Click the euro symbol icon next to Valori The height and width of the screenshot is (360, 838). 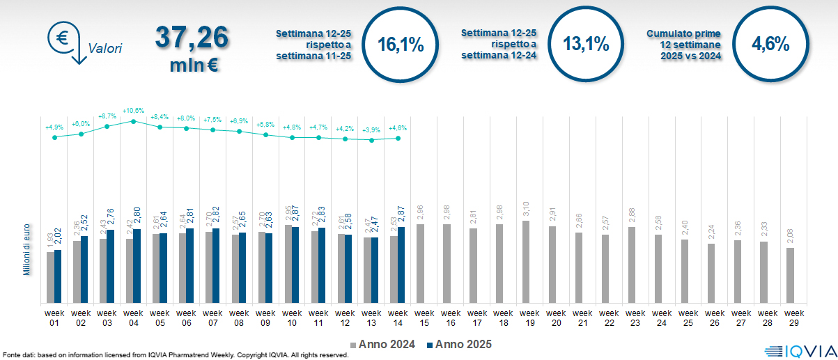(x=63, y=36)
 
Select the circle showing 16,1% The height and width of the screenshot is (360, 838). (x=401, y=45)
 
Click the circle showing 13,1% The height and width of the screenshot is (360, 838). (x=586, y=45)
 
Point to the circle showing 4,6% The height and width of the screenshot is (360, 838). (x=770, y=45)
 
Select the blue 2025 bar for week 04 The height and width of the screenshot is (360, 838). (x=137, y=266)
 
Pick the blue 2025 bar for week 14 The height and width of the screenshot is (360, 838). (x=401, y=265)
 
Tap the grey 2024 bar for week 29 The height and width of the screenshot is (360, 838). (x=790, y=276)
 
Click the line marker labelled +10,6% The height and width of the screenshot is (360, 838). (x=133, y=121)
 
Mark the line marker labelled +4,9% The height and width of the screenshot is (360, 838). (x=54, y=137)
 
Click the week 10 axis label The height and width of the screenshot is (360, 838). (x=292, y=318)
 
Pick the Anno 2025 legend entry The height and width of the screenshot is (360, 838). (x=459, y=344)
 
